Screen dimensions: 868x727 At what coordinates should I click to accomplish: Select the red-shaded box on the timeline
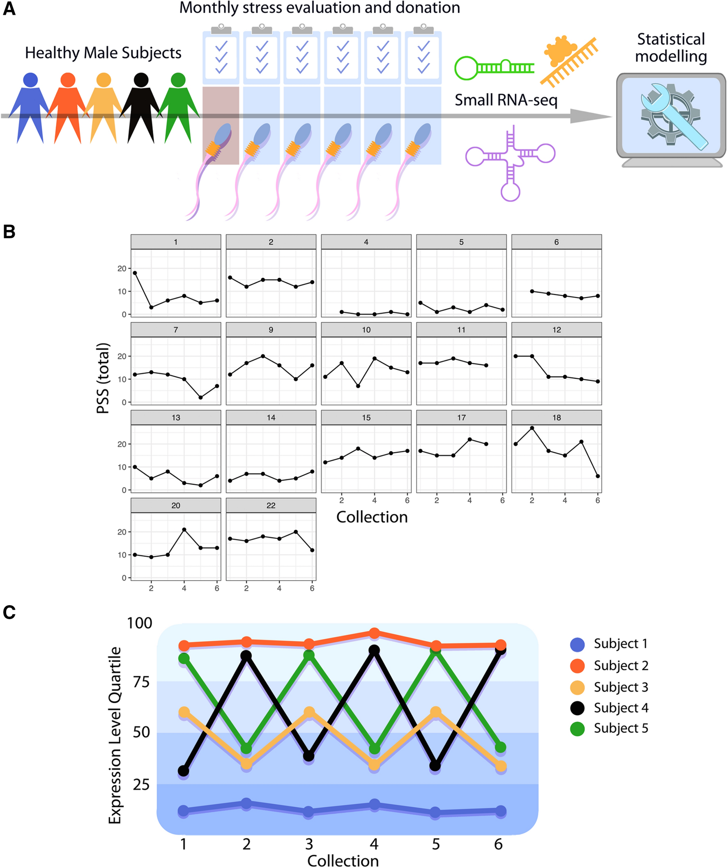(x=221, y=125)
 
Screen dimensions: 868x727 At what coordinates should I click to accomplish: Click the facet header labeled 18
(x=556, y=417)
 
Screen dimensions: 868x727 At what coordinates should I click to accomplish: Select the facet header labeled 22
(x=271, y=505)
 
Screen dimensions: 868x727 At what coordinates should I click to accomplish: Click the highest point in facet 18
(x=532, y=428)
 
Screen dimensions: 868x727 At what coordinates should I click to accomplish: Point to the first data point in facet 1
(x=135, y=273)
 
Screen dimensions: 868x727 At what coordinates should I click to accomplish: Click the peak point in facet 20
(x=184, y=530)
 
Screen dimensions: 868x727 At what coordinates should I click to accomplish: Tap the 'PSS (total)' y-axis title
(x=103, y=378)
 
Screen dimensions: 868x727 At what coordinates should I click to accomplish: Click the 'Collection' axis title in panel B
(x=372, y=517)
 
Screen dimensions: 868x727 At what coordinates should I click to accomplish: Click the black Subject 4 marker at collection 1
(x=184, y=771)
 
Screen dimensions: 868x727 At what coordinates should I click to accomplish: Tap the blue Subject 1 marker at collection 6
(x=501, y=810)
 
